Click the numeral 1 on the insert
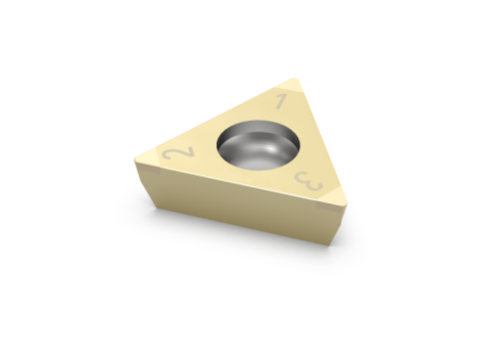281,100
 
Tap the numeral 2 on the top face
177,153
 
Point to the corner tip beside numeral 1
292,81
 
